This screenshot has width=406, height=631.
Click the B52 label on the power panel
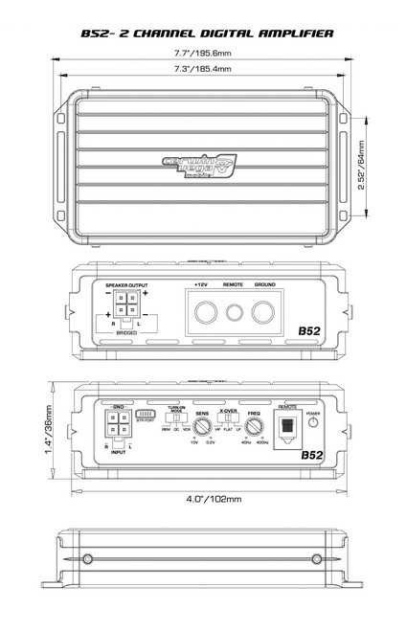pos(309,330)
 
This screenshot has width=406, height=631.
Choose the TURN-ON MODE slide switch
pos(174,418)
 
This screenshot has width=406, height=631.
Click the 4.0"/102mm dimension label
pos(203,499)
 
